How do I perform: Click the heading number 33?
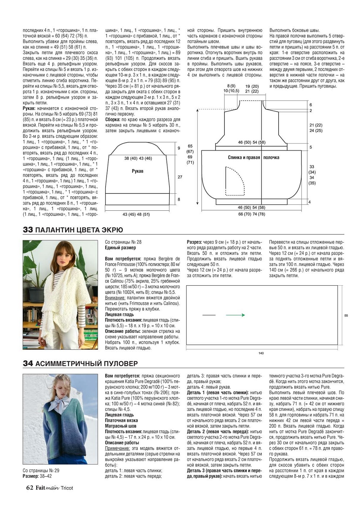point(28,230)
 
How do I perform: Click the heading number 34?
point(28,363)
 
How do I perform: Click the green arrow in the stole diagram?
point(235,315)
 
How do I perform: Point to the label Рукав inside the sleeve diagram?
point(137,171)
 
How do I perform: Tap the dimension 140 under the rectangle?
point(261,353)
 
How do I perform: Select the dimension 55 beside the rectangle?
point(346,316)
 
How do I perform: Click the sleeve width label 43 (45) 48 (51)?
point(136,214)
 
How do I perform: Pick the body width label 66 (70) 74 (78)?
point(251,214)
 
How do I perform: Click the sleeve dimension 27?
point(180,177)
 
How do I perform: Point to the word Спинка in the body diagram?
point(236,157)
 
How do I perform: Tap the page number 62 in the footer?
point(30,488)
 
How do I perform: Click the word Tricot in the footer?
point(67,488)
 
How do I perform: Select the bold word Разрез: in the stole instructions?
point(195,242)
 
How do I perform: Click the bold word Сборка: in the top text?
point(112,119)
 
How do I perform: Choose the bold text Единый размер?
point(120,248)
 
